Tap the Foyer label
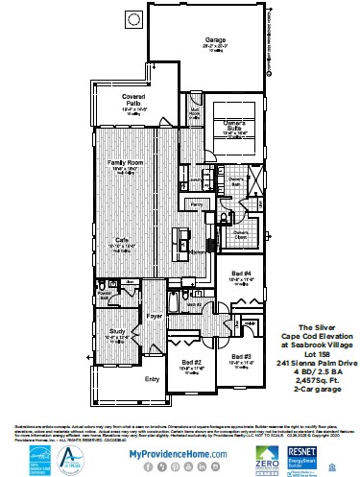155,313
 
